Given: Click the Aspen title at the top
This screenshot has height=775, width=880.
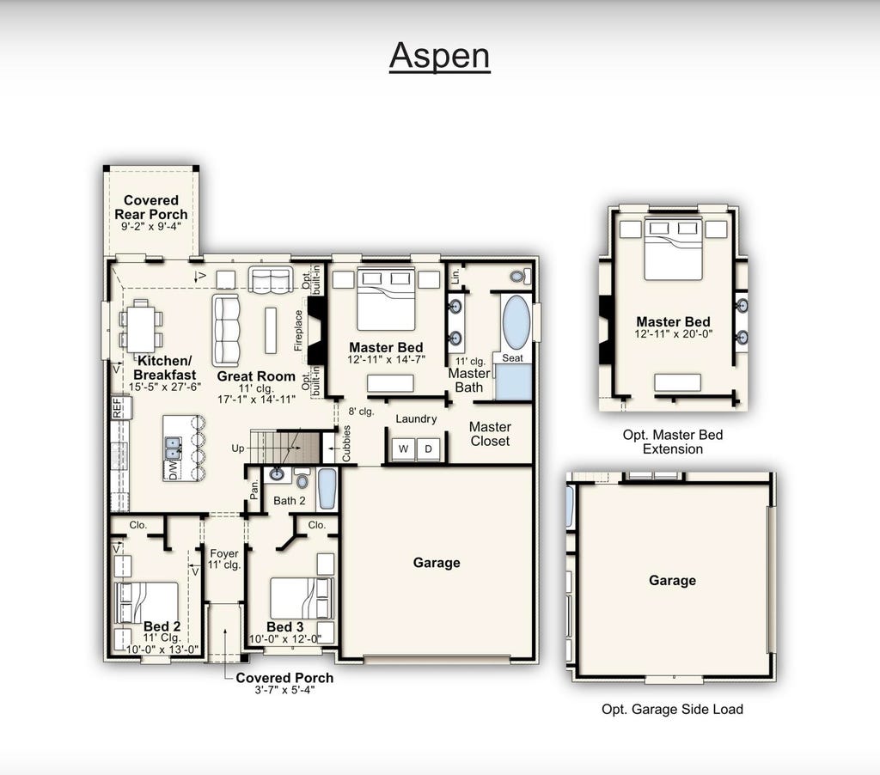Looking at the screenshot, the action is pyautogui.click(x=439, y=56).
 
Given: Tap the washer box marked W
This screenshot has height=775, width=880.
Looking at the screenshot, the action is pyautogui.click(x=403, y=449).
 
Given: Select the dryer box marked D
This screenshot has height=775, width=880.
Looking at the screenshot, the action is pyautogui.click(x=428, y=449).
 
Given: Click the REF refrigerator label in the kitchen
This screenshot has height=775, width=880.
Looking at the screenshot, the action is pyautogui.click(x=117, y=408).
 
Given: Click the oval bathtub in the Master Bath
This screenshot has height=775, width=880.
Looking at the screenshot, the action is pyautogui.click(x=516, y=323).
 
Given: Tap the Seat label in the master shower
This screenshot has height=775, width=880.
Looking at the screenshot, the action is pyautogui.click(x=512, y=358).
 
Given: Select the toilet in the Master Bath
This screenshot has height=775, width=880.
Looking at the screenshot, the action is pyautogui.click(x=521, y=276).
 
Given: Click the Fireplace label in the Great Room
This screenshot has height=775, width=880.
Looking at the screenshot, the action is pyautogui.click(x=298, y=331).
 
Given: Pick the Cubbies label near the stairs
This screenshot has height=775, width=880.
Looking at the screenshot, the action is pyautogui.click(x=346, y=443).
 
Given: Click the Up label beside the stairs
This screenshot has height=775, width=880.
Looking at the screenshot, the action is pyautogui.click(x=238, y=449).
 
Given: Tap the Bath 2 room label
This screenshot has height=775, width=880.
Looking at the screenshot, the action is pyautogui.click(x=290, y=501).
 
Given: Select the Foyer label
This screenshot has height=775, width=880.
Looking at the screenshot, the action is pyautogui.click(x=224, y=553).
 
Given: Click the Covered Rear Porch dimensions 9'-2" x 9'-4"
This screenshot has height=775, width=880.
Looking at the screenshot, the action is pyautogui.click(x=151, y=227).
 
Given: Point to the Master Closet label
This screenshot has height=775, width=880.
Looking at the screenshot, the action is pyautogui.click(x=490, y=434).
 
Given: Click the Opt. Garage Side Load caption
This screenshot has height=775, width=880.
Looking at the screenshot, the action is pyautogui.click(x=672, y=710).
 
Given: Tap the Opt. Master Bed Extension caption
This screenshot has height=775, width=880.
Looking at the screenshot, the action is pyautogui.click(x=673, y=442).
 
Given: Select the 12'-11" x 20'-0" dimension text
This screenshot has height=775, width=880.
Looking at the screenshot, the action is pyautogui.click(x=674, y=334).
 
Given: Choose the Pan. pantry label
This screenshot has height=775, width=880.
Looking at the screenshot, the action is pyautogui.click(x=254, y=490).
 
